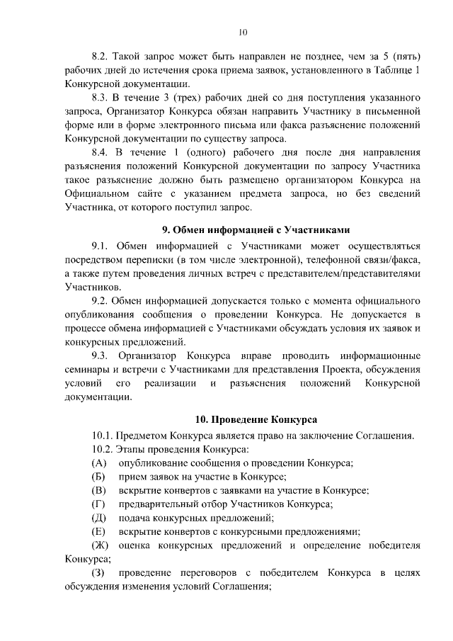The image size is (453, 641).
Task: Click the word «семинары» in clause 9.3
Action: pos(86,370)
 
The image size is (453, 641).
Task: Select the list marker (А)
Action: pos(99,463)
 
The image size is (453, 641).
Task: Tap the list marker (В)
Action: pos(99,490)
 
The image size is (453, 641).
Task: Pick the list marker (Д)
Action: pos(99,518)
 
